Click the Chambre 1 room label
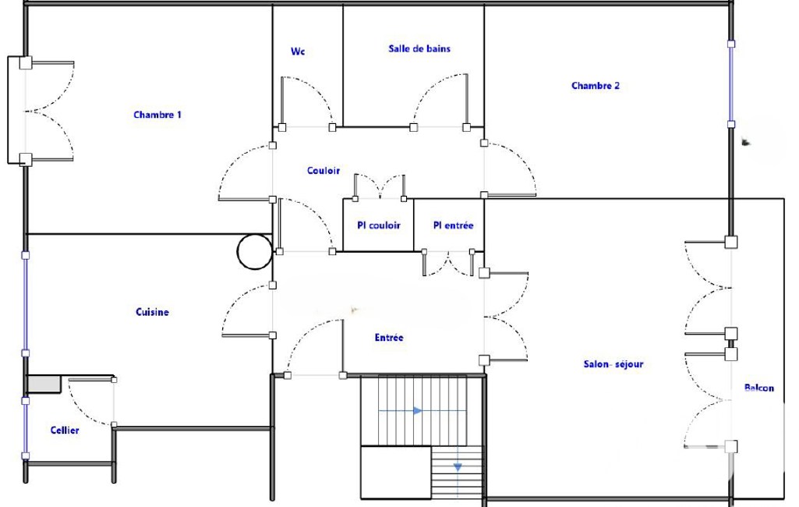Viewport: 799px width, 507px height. [157, 115]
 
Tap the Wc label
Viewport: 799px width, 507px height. [298, 51]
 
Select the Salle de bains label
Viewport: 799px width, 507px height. [419, 49]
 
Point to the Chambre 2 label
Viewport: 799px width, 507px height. [596, 86]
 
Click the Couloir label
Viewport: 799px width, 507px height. [323, 170]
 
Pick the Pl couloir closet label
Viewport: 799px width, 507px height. [379, 225]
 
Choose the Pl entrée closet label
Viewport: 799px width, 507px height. [453, 225]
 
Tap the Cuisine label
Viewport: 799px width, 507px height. [152, 312]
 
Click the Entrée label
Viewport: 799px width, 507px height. [389, 338]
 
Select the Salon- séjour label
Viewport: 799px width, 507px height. [613, 364]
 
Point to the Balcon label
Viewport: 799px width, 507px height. [758, 388]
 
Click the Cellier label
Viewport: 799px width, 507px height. [65, 431]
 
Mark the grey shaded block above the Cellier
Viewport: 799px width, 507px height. [44, 384]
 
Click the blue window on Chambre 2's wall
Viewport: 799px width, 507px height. [730, 84]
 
